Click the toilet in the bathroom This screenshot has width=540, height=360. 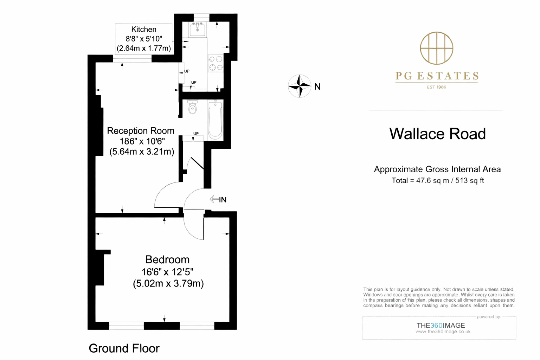[x=192, y=108]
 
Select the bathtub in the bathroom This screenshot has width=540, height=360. [x=215, y=120]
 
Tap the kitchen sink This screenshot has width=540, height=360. [x=197, y=30]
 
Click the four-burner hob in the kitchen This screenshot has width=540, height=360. [x=216, y=63]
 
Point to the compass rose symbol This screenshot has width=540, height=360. [x=300, y=86]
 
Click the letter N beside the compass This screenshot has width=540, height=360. [x=317, y=87]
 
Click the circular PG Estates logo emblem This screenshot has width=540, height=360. [x=437, y=48]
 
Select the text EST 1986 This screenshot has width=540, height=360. [x=436, y=87]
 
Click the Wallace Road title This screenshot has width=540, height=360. [x=437, y=134]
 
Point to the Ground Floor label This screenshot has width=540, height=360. [x=124, y=348]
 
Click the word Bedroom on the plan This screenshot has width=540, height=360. [x=167, y=260]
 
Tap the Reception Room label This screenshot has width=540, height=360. [x=141, y=131]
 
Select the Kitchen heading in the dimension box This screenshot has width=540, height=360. [x=144, y=30]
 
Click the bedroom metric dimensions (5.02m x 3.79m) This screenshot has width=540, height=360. [x=168, y=283]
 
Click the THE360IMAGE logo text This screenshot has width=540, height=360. [x=441, y=326]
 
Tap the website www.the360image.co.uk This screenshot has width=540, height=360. [x=443, y=332]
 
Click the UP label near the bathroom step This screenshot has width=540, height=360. [x=196, y=134]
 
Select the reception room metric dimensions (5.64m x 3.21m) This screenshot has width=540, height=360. [x=142, y=152]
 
